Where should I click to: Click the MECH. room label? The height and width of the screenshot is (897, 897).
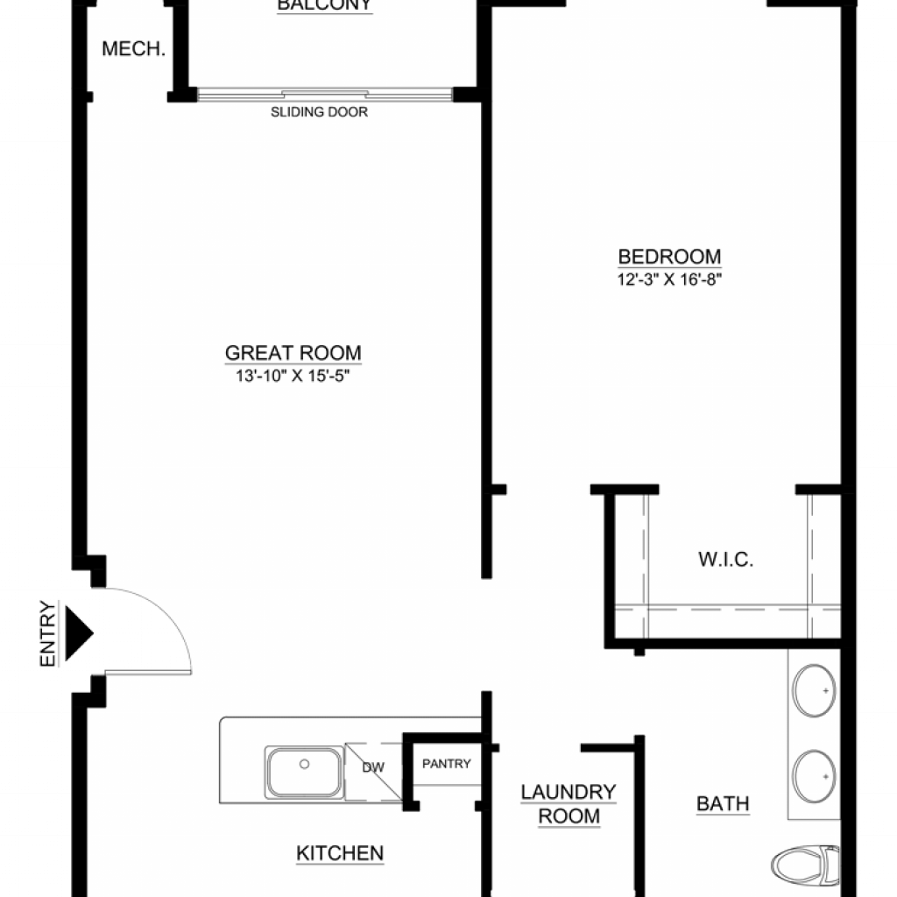(x=133, y=49)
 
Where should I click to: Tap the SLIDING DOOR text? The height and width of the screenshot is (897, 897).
(x=319, y=112)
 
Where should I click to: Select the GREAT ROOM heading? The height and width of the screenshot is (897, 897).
(x=293, y=353)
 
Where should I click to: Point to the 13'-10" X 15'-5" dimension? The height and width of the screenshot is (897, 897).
(x=293, y=376)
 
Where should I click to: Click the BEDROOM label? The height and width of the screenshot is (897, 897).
(x=669, y=257)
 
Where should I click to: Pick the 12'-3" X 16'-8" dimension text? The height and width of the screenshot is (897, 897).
(x=669, y=279)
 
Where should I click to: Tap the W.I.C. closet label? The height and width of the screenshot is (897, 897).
(x=725, y=560)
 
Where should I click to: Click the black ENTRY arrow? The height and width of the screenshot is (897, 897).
(x=79, y=633)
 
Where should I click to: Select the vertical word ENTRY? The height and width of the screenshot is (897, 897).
(x=48, y=633)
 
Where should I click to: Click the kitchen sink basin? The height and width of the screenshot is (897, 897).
(x=304, y=773)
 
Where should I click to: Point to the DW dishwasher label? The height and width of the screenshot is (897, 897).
(x=373, y=767)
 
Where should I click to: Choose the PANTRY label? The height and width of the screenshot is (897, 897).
(x=446, y=764)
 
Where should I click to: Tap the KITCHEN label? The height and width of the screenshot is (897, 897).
(x=340, y=853)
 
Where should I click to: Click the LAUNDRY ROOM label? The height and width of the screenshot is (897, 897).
(x=569, y=804)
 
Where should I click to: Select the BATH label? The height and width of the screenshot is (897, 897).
(x=723, y=804)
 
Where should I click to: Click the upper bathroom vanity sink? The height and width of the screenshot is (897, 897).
(x=814, y=690)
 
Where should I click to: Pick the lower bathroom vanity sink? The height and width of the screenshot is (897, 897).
(x=814, y=776)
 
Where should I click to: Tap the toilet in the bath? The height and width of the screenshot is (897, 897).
(x=806, y=865)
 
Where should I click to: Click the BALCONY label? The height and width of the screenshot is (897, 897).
(x=324, y=5)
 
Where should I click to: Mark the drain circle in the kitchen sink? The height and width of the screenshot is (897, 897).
(x=304, y=764)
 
